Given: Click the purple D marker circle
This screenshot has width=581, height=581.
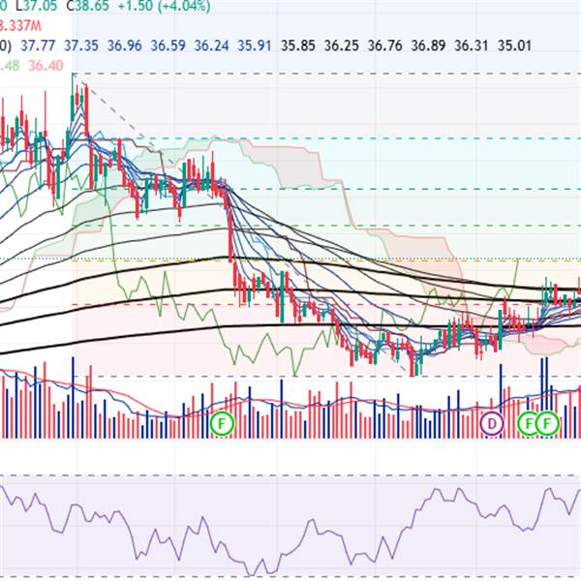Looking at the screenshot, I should (493, 423).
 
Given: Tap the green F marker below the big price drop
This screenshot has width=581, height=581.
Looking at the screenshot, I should (223, 423).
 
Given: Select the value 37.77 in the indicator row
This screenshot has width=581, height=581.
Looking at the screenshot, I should (38, 46).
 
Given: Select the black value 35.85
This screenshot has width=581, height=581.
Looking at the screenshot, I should (298, 46).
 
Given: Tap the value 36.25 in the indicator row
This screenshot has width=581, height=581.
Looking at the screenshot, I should (342, 46).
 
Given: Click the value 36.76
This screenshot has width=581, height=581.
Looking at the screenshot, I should (385, 46).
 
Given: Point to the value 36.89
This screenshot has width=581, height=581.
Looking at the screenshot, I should (428, 46).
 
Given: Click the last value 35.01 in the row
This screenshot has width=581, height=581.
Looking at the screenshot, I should (514, 46).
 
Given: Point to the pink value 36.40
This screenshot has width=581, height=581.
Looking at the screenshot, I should (46, 65).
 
